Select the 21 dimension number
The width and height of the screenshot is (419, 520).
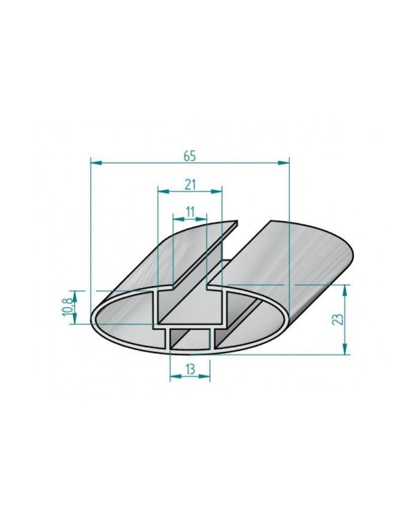click(x=190, y=184)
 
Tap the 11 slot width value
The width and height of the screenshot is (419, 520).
click(x=190, y=211)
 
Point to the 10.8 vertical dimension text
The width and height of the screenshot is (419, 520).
click(x=68, y=307)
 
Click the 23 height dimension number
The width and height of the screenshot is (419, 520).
click(x=339, y=320)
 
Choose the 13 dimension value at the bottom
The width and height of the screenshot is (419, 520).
click(x=190, y=370)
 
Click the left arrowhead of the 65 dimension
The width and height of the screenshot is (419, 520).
click(x=94, y=162)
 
